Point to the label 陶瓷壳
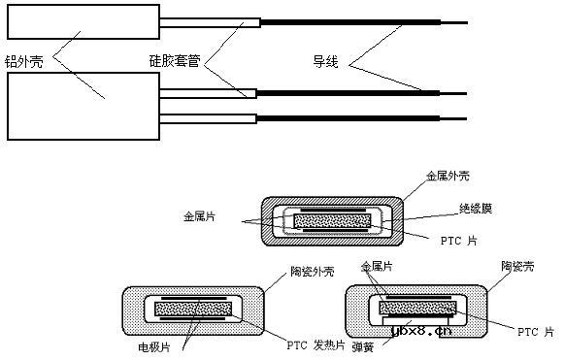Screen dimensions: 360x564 tap(518, 264)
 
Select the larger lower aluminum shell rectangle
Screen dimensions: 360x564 tap(82, 104)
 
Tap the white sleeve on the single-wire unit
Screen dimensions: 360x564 tap(209, 23)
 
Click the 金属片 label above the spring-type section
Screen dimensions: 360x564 tap(378, 265)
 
